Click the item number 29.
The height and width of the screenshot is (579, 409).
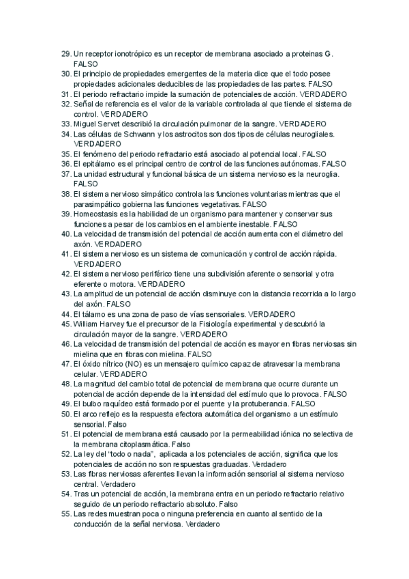click(x=65, y=53)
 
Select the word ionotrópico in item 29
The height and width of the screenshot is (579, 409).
click(x=122, y=53)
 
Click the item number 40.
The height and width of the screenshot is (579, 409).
click(x=65, y=234)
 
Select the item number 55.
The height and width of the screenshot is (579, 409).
click(x=65, y=513)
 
